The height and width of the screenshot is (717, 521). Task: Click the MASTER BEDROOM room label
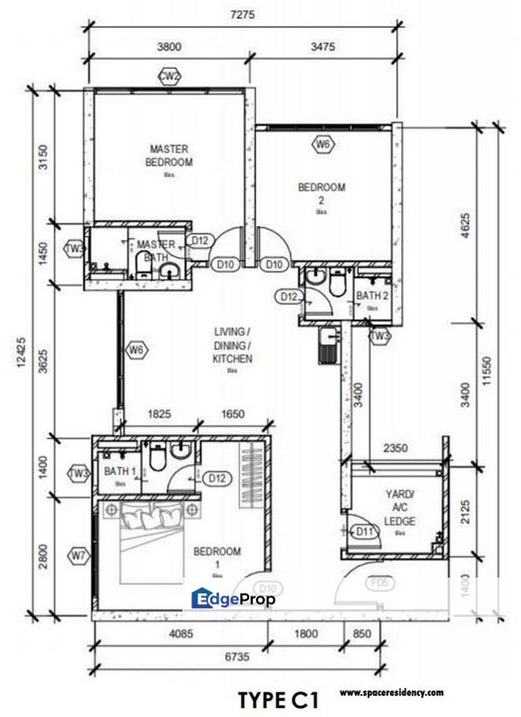(x=168, y=155)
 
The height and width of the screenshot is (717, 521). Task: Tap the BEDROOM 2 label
(x=322, y=192)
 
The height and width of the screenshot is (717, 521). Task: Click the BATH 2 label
(x=371, y=296)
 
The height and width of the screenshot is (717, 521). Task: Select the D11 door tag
(x=365, y=532)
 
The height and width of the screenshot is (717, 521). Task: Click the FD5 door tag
(x=379, y=585)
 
